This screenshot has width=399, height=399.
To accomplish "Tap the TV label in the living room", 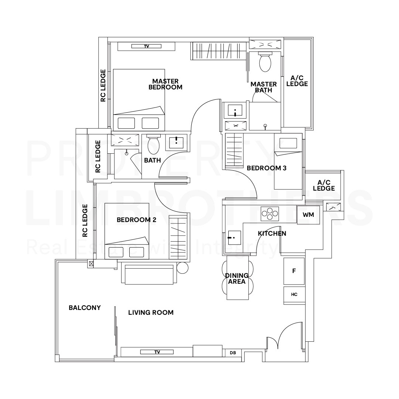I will pyautogui.click(x=157, y=352).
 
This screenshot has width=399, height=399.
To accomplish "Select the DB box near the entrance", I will pyautogui.click(x=233, y=353).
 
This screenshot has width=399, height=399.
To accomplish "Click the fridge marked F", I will pyautogui.click(x=294, y=271).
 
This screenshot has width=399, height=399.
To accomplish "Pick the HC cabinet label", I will pyautogui.click(x=294, y=295).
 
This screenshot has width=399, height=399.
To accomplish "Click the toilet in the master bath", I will pyautogui.click(x=265, y=62).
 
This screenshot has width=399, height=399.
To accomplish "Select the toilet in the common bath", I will pyautogui.click(x=153, y=145).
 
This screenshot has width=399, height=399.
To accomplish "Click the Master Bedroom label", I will pyautogui.click(x=165, y=84).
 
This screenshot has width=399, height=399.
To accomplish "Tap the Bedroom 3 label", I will pyautogui.click(x=266, y=168).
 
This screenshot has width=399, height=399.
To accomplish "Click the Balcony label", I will pyautogui.click(x=85, y=308).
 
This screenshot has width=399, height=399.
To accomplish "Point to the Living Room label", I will pyautogui.click(x=151, y=313).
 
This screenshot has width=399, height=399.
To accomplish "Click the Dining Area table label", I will pyautogui.click(x=237, y=279).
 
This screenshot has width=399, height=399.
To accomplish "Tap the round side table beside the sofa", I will pyautogui.click(x=183, y=268).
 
